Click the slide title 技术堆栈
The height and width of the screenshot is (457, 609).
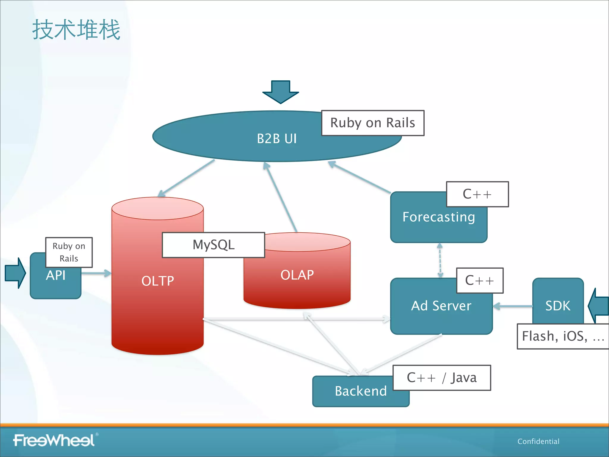[76, 29]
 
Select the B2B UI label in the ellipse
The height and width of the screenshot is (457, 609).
[277, 139]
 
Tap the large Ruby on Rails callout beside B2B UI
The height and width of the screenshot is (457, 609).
[373, 123]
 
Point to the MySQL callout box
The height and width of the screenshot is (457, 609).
[213, 245]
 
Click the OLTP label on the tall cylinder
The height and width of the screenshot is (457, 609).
[158, 281]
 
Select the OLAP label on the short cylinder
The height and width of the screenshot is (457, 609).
[297, 275]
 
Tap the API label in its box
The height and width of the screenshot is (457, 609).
[56, 276]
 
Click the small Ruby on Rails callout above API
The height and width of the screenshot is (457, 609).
[69, 252]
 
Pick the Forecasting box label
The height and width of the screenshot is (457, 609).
[439, 217]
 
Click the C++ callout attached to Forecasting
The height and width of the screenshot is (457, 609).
[477, 194]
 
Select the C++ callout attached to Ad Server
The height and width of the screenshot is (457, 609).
[480, 281]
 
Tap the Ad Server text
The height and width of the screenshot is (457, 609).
[441, 306]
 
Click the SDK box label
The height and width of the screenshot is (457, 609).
[558, 306]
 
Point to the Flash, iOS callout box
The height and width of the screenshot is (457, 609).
[563, 336]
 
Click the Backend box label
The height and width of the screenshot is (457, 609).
[361, 391]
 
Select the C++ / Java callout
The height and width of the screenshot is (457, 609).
[442, 378]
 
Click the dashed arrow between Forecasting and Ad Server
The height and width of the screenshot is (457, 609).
[440, 260]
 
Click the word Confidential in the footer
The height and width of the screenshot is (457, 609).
[538, 442]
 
